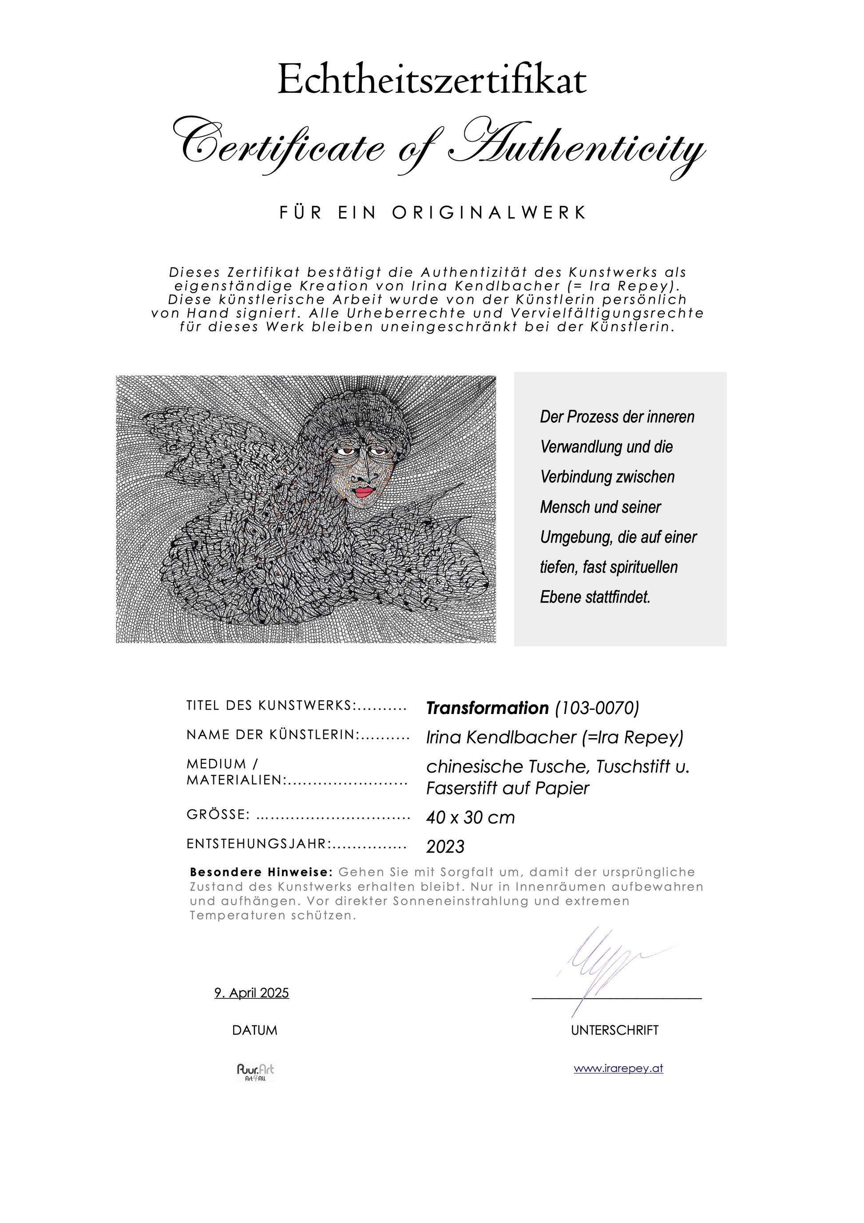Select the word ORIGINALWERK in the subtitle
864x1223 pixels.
[489, 213]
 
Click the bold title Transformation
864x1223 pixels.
[487, 708]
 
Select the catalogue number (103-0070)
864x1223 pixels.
[597, 708]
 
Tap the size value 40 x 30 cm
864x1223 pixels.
[470, 817]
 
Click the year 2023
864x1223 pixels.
[445, 846]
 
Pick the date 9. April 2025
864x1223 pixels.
[251, 993]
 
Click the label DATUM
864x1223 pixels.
[254, 1030]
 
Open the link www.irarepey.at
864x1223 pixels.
[618, 1068]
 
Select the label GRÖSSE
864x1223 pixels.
[218, 814]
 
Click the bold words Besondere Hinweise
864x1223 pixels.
[261, 873]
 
